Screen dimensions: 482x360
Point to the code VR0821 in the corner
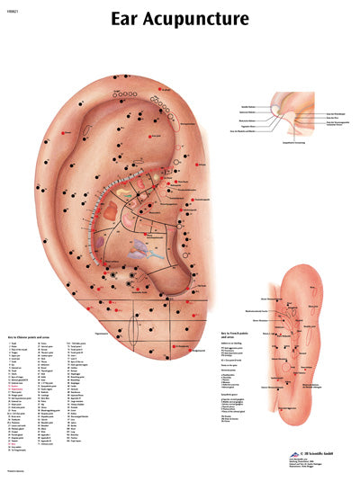click(12, 7)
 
